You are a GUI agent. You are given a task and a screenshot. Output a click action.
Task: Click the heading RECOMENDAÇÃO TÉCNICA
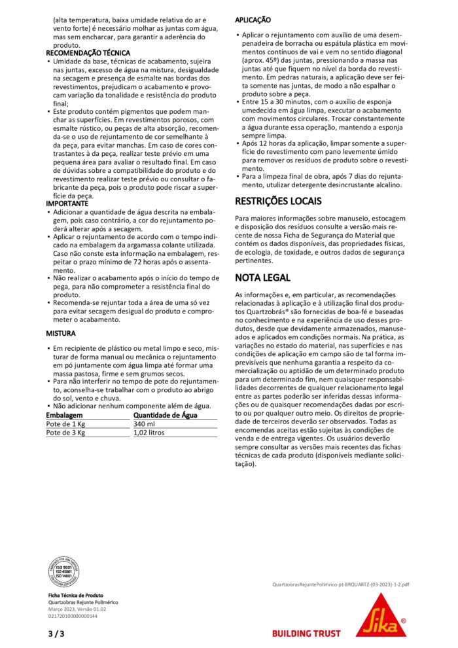coord(88,52)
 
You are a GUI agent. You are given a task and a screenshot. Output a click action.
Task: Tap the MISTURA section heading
coord(61,333)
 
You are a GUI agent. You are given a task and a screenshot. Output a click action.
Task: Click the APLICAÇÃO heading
coord(253,21)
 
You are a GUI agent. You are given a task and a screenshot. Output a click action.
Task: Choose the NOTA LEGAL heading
coord(262,278)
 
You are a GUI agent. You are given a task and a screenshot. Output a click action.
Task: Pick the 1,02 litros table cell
coord(149,433)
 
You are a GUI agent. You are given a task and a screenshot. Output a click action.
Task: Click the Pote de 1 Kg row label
coord(65,423)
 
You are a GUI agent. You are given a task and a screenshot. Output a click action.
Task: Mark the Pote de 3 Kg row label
coord(65,433)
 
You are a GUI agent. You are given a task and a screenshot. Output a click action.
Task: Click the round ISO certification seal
coord(64,571)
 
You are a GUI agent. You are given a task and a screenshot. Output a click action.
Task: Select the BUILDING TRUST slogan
coord(306,633)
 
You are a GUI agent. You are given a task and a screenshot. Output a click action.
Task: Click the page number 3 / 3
coord(56,633)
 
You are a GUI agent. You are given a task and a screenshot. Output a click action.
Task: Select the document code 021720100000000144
coord(73,616)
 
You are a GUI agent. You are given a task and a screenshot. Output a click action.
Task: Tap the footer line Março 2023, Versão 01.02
coord(77,609)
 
